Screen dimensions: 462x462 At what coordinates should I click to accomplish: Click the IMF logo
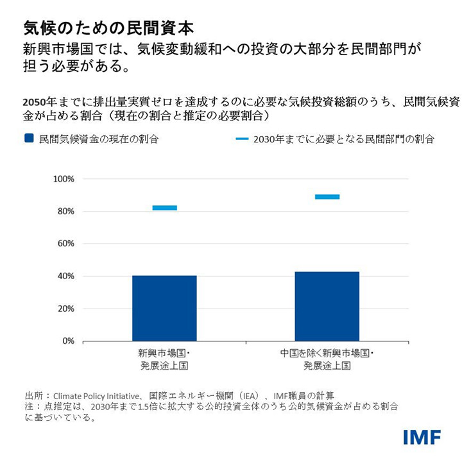point(422,437)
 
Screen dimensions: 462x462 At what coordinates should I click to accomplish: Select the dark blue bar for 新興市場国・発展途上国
point(164,308)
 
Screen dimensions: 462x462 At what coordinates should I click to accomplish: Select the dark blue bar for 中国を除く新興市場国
point(327,306)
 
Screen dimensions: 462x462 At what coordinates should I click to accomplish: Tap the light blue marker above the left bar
point(164,208)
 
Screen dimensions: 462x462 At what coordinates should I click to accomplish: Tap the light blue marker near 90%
point(327,196)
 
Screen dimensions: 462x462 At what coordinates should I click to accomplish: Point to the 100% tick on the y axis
point(64,179)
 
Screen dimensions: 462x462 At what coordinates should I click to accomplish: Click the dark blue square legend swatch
point(28,138)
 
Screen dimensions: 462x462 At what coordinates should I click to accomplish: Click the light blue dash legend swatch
point(242,138)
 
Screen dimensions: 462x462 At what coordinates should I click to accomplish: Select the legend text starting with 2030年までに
point(344,139)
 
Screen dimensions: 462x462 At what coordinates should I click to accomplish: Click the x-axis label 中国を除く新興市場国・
point(327,354)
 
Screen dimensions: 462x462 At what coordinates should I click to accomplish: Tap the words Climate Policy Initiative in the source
point(98,395)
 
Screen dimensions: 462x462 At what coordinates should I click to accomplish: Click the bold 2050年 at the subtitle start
point(37,101)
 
